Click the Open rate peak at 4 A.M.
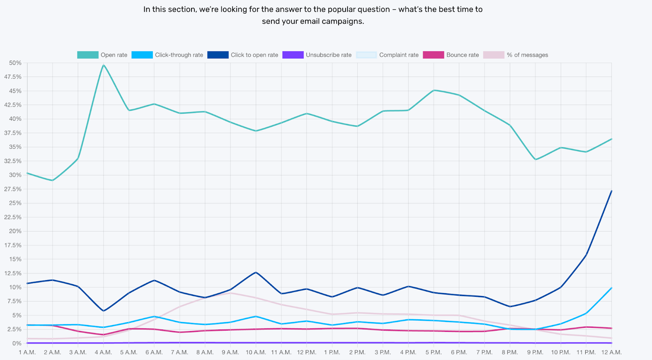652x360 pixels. click(104, 65)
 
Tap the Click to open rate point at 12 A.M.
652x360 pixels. click(611, 191)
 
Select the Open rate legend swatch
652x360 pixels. click(88, 55)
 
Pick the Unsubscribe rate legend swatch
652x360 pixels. click(293, 55)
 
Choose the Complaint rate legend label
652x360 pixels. click(399, 55)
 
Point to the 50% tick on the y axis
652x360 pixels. click(15, 63)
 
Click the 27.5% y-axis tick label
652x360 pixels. click(13, 189)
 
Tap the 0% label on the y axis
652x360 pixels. click(17, 343)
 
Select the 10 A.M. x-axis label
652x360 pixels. click(256, 352)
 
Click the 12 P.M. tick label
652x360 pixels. click(306, 352)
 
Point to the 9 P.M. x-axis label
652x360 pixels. click(535, 352)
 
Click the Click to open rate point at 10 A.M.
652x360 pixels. click(256, 272)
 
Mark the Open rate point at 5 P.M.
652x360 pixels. click(434, 91)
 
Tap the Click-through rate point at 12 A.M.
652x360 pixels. click(611, 288)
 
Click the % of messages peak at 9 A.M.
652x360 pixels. click(230, 293)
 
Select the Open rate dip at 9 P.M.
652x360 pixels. click(535, 159)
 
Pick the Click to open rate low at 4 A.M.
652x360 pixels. click(104, 311)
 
